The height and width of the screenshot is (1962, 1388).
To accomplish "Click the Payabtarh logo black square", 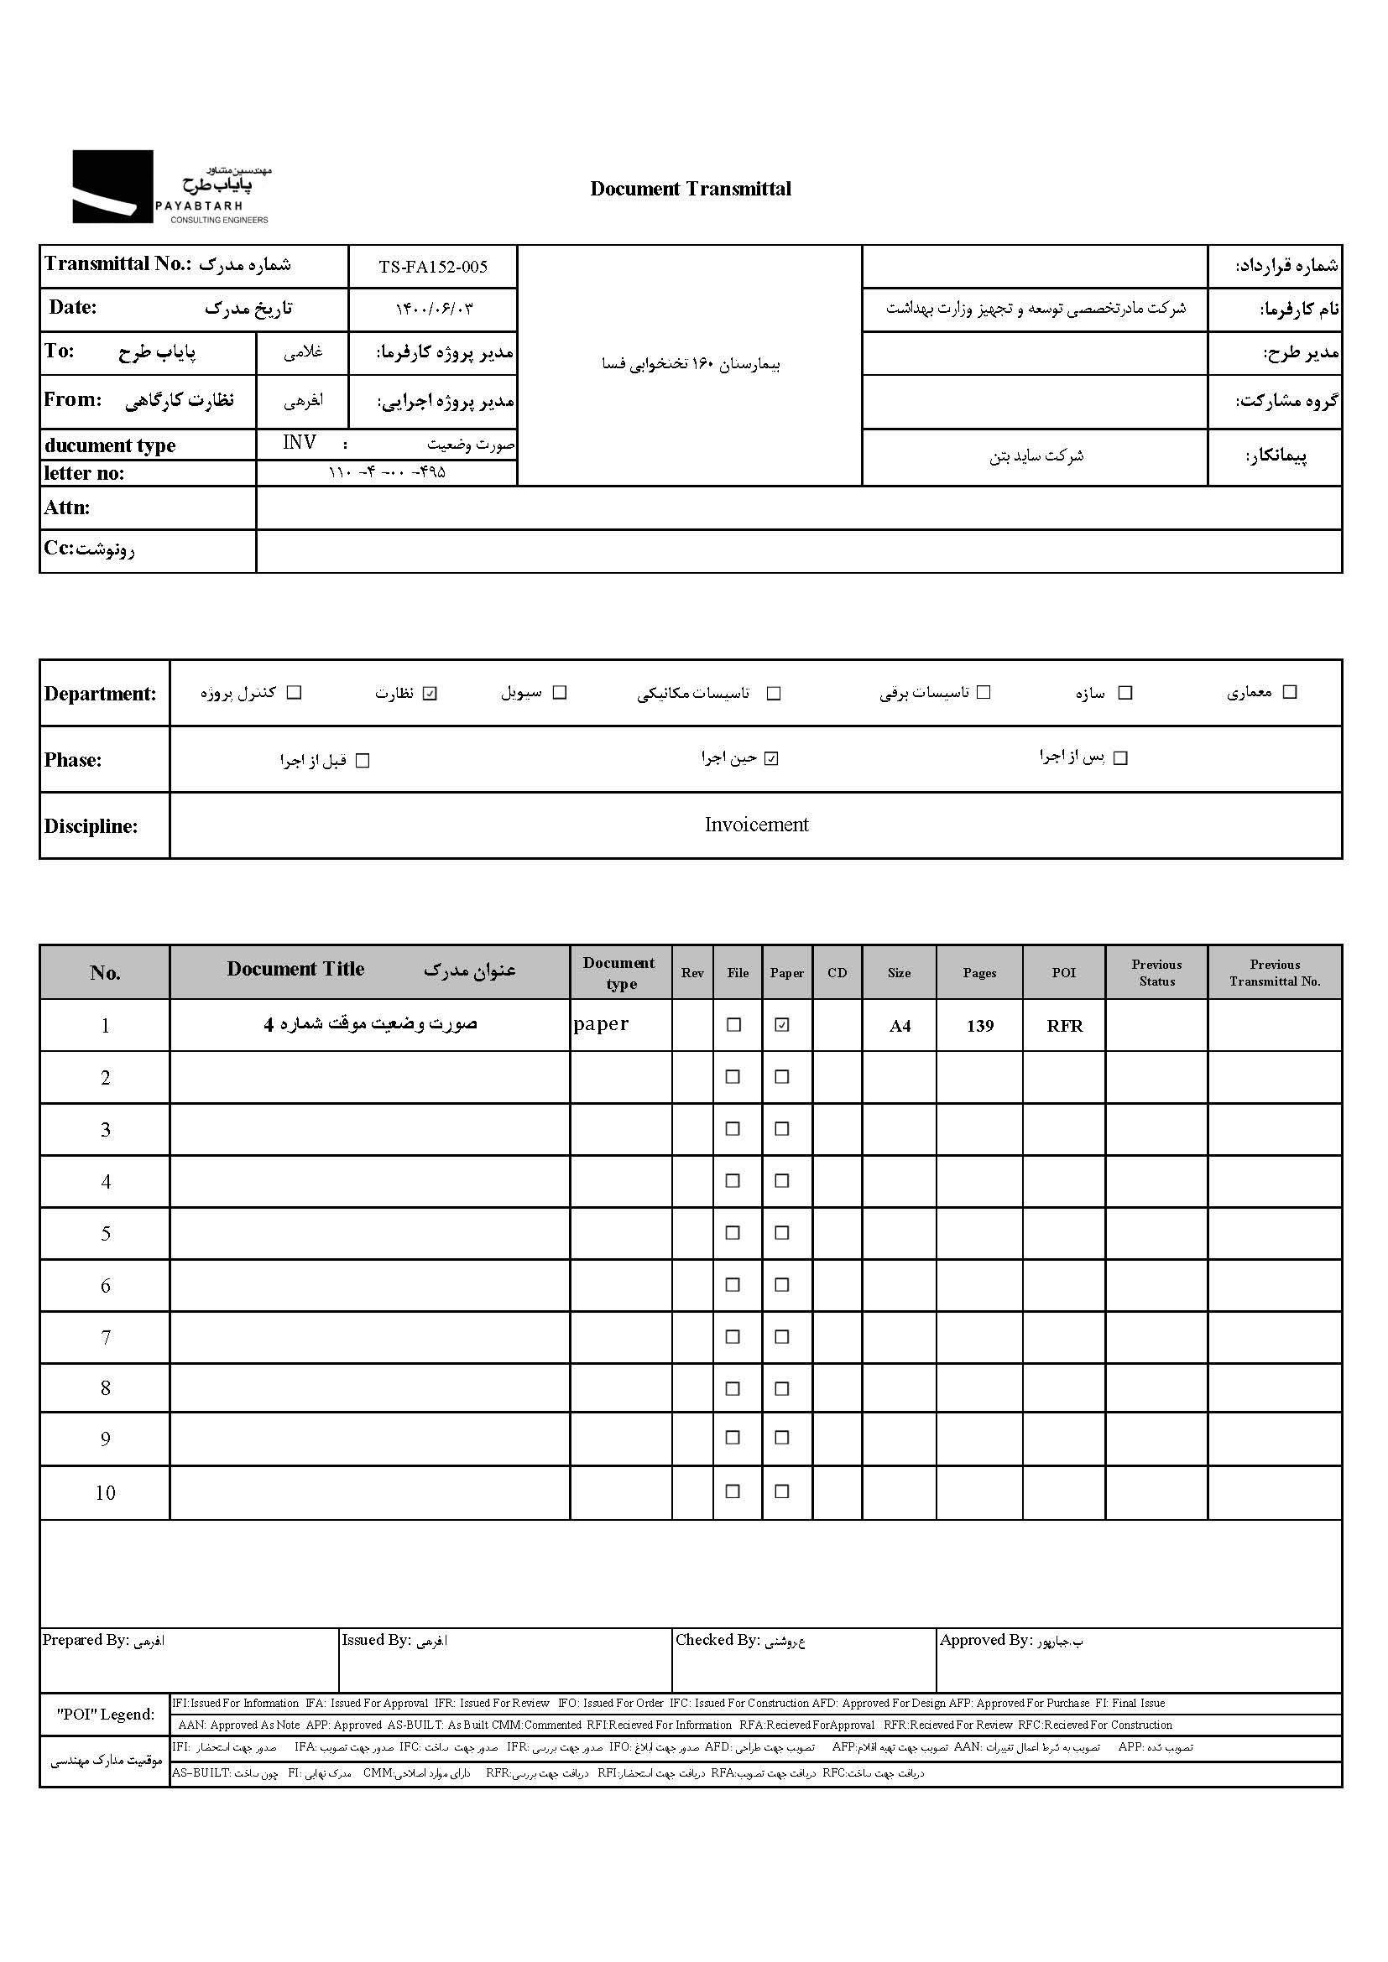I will [112, 186].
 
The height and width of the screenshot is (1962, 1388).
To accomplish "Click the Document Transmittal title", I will [691, 189].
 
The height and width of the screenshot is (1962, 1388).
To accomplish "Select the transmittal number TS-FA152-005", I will [432, 267].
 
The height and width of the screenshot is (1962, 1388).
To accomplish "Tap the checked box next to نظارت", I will [430, 693].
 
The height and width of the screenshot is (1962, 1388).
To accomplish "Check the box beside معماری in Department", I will [1291, 692].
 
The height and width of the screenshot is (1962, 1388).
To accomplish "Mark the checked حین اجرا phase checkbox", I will [772, 758].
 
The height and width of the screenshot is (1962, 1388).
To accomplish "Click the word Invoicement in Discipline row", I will [756, 825].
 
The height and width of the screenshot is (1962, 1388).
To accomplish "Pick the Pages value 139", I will [979, 1025].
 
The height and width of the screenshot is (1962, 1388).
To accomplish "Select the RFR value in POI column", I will [1064, 1025].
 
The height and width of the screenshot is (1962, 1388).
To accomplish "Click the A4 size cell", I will [899, 1025].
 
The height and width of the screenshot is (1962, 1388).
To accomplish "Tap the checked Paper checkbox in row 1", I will [782, 1024].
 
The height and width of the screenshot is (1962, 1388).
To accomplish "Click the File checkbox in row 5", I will [733, 1232].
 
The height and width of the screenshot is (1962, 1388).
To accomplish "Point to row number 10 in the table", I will [105, 1492].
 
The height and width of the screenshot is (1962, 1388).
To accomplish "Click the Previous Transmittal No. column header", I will [1275, 972].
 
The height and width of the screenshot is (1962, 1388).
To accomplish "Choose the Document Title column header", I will [295, 969].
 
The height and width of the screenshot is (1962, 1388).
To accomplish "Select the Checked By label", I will [717, 1639].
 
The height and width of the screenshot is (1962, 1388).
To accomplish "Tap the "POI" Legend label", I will [105, 1715].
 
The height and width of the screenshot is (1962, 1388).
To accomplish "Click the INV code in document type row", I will [299, 442].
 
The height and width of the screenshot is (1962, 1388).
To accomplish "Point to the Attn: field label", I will [66, 507].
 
